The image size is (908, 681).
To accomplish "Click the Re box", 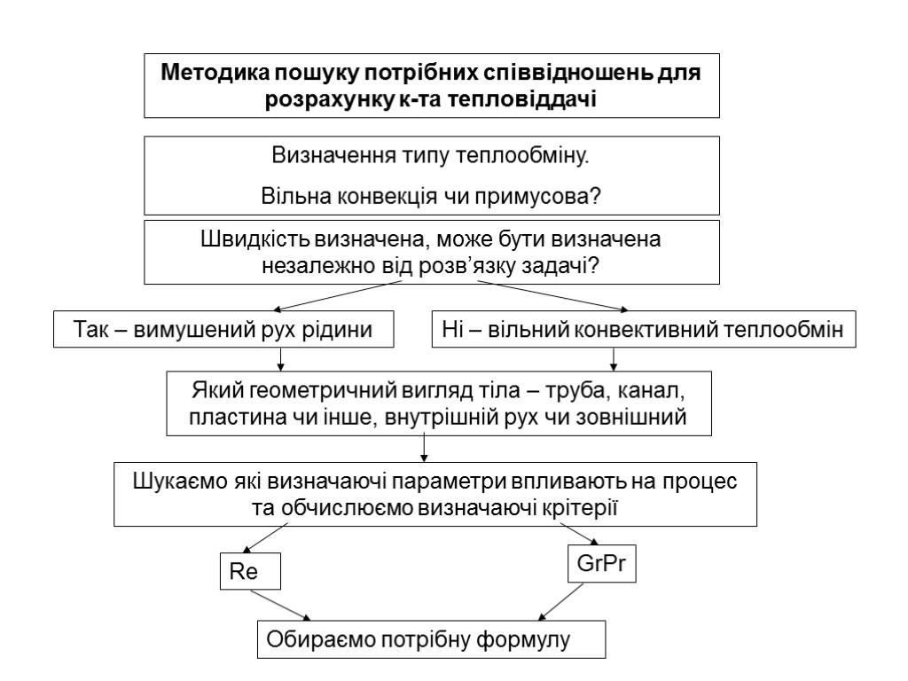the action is (249, 572).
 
